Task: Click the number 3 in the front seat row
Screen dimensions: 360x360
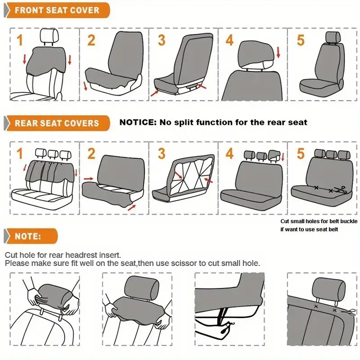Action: click(161, 40)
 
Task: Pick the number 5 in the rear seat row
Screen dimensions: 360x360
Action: click(301, 153)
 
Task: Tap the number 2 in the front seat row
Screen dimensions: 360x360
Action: click(91, 40)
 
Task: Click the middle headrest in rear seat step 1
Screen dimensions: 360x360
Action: click(53, 153)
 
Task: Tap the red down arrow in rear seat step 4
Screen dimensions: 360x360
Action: click(283, 157)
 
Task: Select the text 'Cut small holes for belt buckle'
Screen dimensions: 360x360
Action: click(319, 221)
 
